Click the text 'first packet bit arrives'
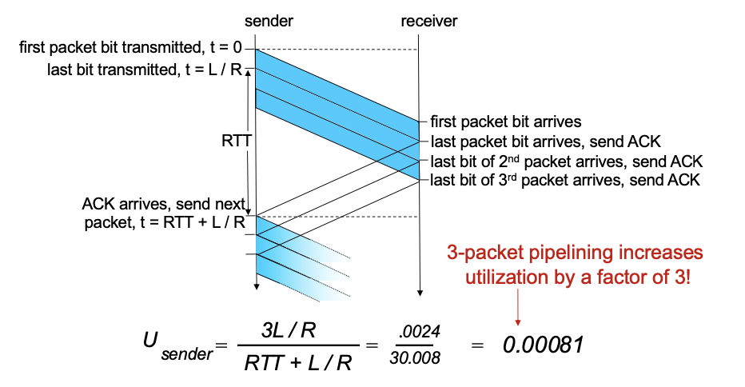(x=505, y=123)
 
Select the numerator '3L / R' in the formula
(x=297, y=328)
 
